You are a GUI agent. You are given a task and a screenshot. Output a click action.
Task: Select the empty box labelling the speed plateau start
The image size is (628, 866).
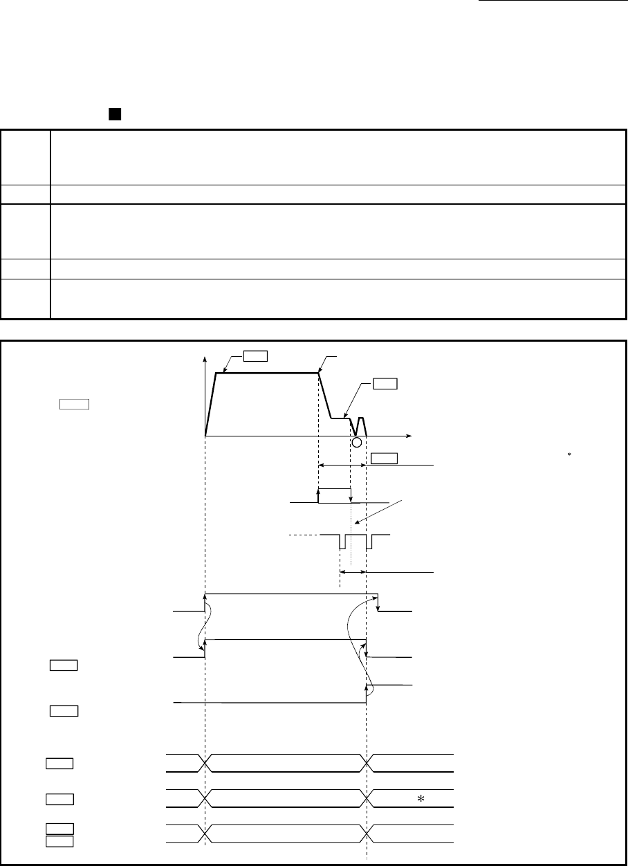(x=255, y=356)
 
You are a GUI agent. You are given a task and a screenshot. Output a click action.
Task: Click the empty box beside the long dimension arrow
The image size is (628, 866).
(x=384, y=458)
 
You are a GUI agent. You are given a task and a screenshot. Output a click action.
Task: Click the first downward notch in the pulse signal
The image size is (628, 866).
(x=341, y=542)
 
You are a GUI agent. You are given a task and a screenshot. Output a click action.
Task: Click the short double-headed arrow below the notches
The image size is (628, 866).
(x=353, y=572)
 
